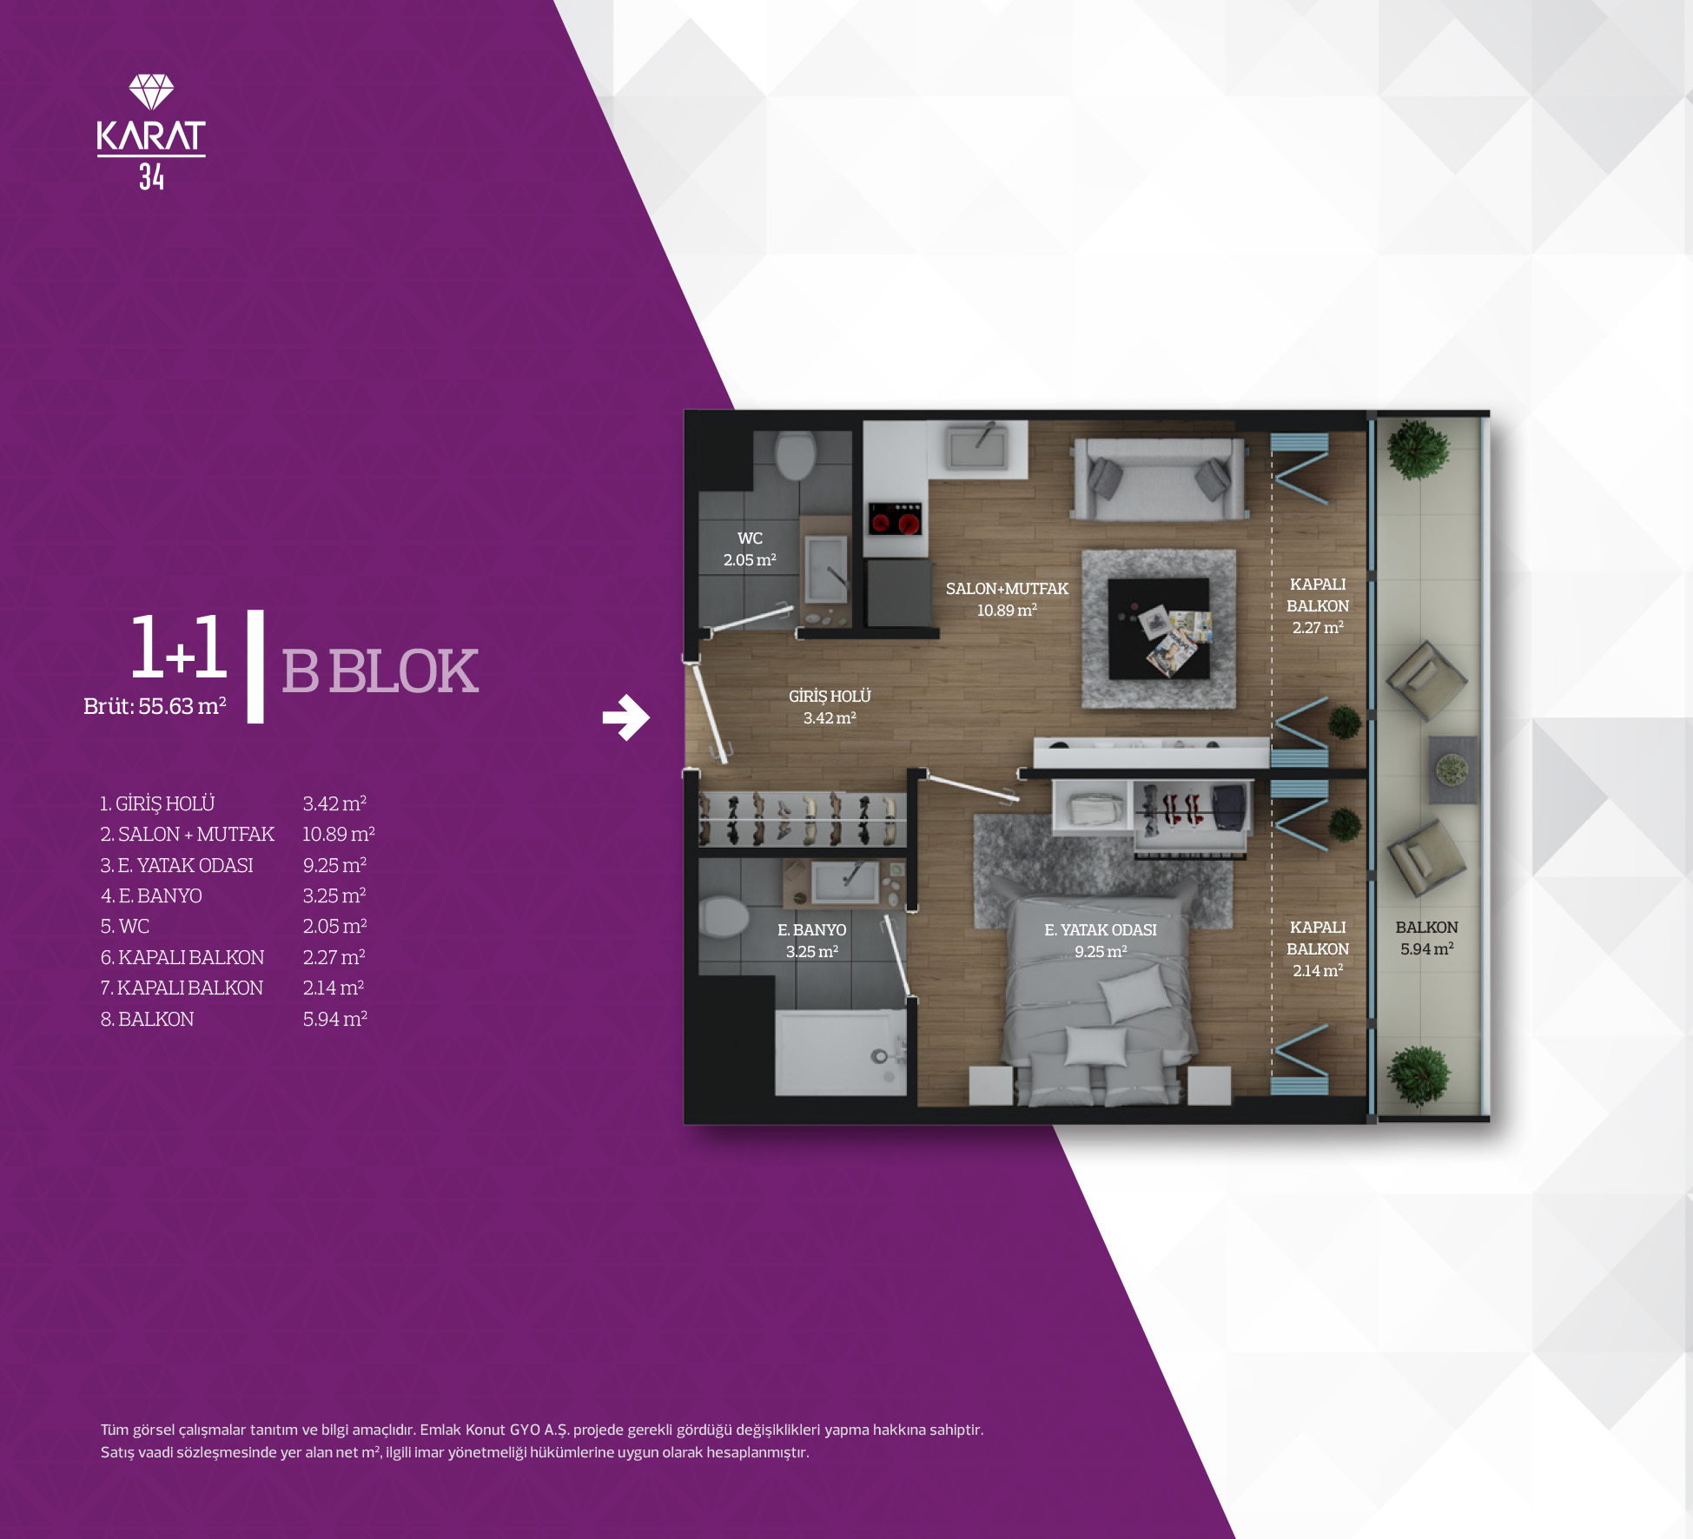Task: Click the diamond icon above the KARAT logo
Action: tap(151, 92)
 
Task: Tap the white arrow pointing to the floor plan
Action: tap(626, 717)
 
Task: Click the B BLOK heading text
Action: tap(380, 671)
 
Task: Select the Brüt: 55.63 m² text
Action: tap(155, 706)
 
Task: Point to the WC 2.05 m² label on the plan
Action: tap(750, 549)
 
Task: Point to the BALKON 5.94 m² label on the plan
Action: tap(1426, 938)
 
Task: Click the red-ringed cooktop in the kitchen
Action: tap(895, 519)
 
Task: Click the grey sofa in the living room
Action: tap(1159, 479)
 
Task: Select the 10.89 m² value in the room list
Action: tap(339, 835)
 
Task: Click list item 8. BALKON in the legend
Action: tap(147, 1019)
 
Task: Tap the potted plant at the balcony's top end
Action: tap(1419, 450)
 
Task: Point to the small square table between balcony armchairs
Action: tap(1452, 769)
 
